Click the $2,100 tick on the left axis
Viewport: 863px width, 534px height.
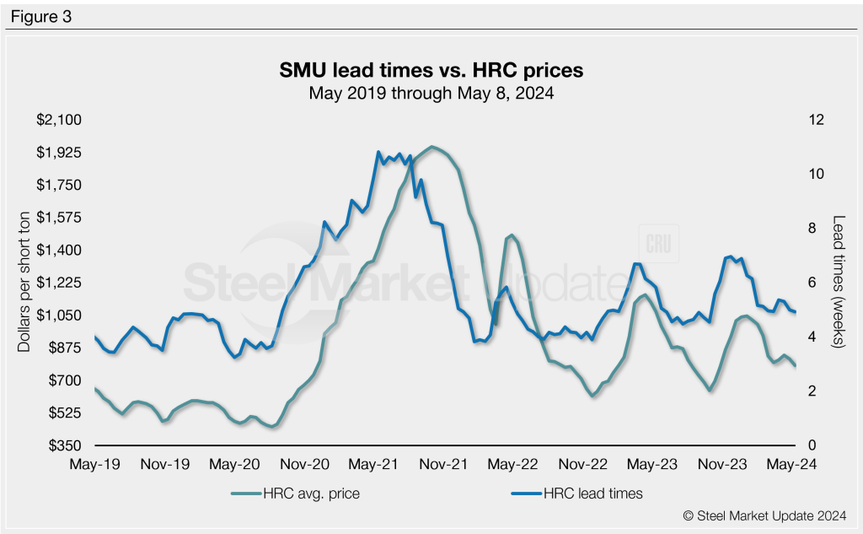tap(58, 120)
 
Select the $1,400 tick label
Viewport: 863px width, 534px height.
tap(58, 250)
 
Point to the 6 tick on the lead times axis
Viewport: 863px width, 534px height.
tap(812, 283)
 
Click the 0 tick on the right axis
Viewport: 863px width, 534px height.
tap(812, 445)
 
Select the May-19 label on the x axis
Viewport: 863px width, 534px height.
tap(94, 464)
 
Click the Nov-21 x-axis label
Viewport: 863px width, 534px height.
tap(444, 464)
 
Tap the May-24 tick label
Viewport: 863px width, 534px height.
tap(795, 464)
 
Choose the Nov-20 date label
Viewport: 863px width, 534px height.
tap(304, 464)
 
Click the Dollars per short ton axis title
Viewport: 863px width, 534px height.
tap(23, 283)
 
